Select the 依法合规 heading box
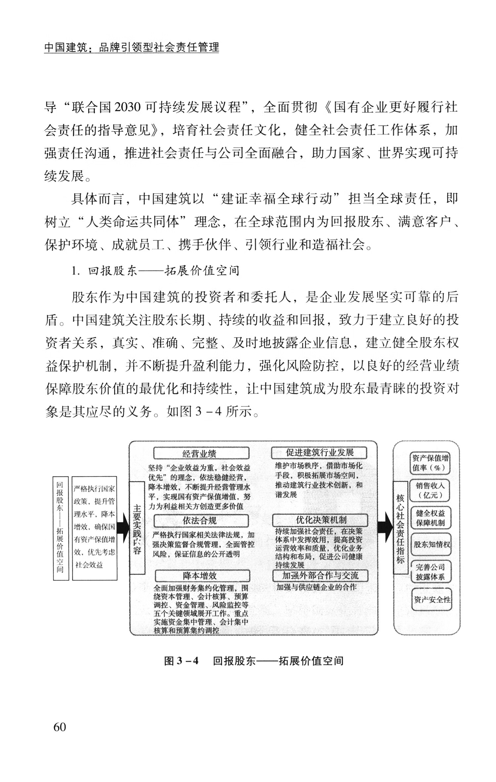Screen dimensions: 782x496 point(201,521)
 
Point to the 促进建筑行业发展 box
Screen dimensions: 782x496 point(319,452)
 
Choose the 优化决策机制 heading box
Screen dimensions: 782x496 point(320,520)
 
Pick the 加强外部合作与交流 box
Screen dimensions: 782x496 point(320,575)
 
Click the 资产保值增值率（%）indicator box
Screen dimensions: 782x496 point(430,463)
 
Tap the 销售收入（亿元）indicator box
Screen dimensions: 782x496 point(430,490)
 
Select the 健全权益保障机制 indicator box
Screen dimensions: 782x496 point(430,518)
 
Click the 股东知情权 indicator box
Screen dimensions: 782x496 point(431,544)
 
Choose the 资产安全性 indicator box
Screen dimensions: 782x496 point(432,599)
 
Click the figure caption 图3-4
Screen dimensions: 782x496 point(181,661)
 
